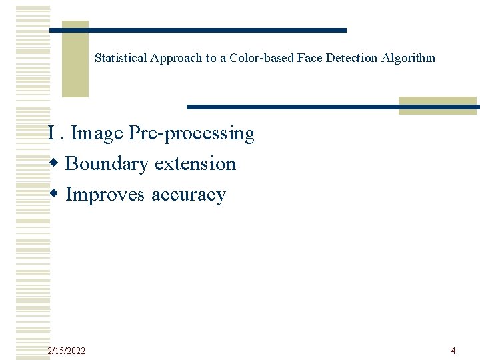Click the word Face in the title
(307, 58)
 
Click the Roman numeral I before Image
(51, 133)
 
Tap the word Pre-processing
(191, 134)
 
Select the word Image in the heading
(97, 133)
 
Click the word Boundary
(107, 164)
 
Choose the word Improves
(106, 195)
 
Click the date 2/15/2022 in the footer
(67, 351)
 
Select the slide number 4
(453, 351)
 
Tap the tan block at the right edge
(437, 105)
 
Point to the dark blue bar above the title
(200, 30)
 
